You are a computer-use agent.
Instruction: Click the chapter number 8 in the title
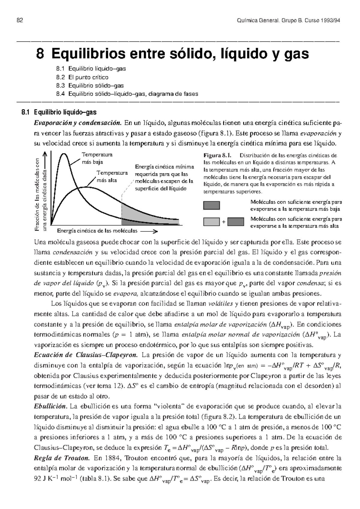click(x=40, y=54)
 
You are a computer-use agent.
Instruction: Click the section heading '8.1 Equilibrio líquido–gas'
click(x=59, y=113)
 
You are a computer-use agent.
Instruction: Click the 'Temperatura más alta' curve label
click(x=112, y=177)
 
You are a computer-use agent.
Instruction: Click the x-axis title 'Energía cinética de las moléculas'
click(x=97, y=231)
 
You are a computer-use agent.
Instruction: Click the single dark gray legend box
click(x=211, y=205)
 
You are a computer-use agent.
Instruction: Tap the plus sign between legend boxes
click(x=223, y=222)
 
